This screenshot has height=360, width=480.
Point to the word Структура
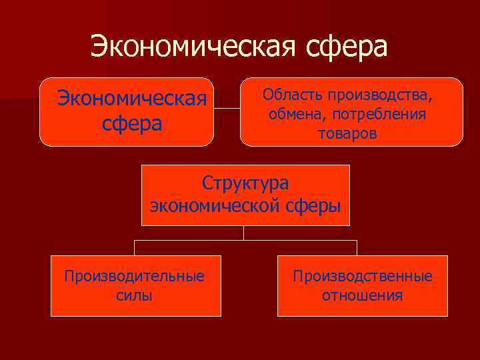(246, 183)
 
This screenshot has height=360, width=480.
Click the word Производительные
(134, 276)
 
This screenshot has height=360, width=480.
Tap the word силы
(134, 295)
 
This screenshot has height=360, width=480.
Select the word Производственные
(362, 276)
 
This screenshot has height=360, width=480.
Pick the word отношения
(362, 295)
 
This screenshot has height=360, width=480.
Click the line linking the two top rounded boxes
(227, 109)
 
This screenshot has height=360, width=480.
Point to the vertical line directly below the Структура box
(244, 233)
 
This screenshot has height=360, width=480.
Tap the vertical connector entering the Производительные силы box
(135, 248)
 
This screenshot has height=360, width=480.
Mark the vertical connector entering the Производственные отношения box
(357, 248)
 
